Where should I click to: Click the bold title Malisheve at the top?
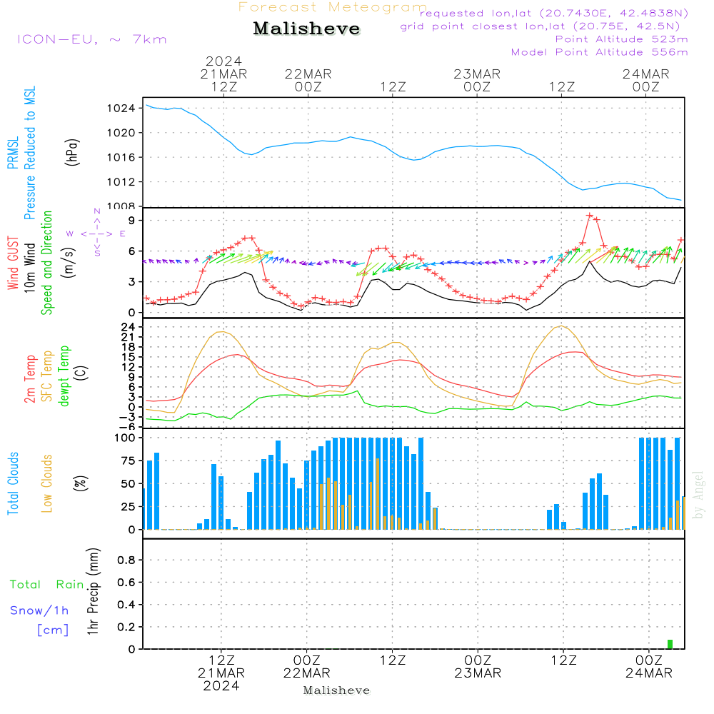pyautogui.click(x=306, y=29)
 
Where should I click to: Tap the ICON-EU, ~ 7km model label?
pyautogui.click(x=91, y=39)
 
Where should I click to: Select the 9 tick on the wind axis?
pyautogui.click(x=131, y=220)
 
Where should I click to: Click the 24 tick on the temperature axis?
pyautogui.click(x=129, y=326)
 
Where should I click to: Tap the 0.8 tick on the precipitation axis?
pyautogui.click(x=126, y=560)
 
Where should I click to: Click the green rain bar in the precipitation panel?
pyautogui.click(x=670, y=644)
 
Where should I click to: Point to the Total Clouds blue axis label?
pyautogui.click(x=14, y=483)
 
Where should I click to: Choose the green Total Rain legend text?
pyautogui.click(x=46, y=585)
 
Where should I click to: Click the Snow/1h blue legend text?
pyautogui.click(x=39, y=611)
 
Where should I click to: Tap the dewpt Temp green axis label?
pyautogui.click(x=64, y=376)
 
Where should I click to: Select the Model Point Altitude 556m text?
pyautogui.click(x=599, y=52)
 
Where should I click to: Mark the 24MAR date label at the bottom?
pyautogui.click(x=648, y=673)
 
